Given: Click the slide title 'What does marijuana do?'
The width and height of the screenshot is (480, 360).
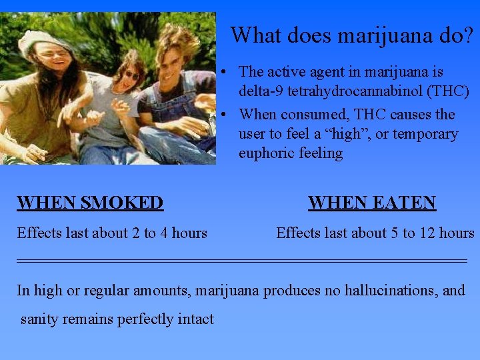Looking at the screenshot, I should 354,35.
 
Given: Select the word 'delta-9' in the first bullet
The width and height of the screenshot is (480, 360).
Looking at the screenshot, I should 263,91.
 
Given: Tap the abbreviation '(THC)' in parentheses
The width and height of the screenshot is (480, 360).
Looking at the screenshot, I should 448,91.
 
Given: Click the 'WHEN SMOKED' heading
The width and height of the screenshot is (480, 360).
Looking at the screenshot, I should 90,203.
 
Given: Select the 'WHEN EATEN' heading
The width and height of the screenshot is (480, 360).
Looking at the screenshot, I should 372,203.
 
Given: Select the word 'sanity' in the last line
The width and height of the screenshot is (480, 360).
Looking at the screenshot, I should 41,319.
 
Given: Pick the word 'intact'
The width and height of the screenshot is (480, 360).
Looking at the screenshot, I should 195,319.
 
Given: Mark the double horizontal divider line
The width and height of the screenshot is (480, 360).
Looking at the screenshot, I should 241,260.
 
